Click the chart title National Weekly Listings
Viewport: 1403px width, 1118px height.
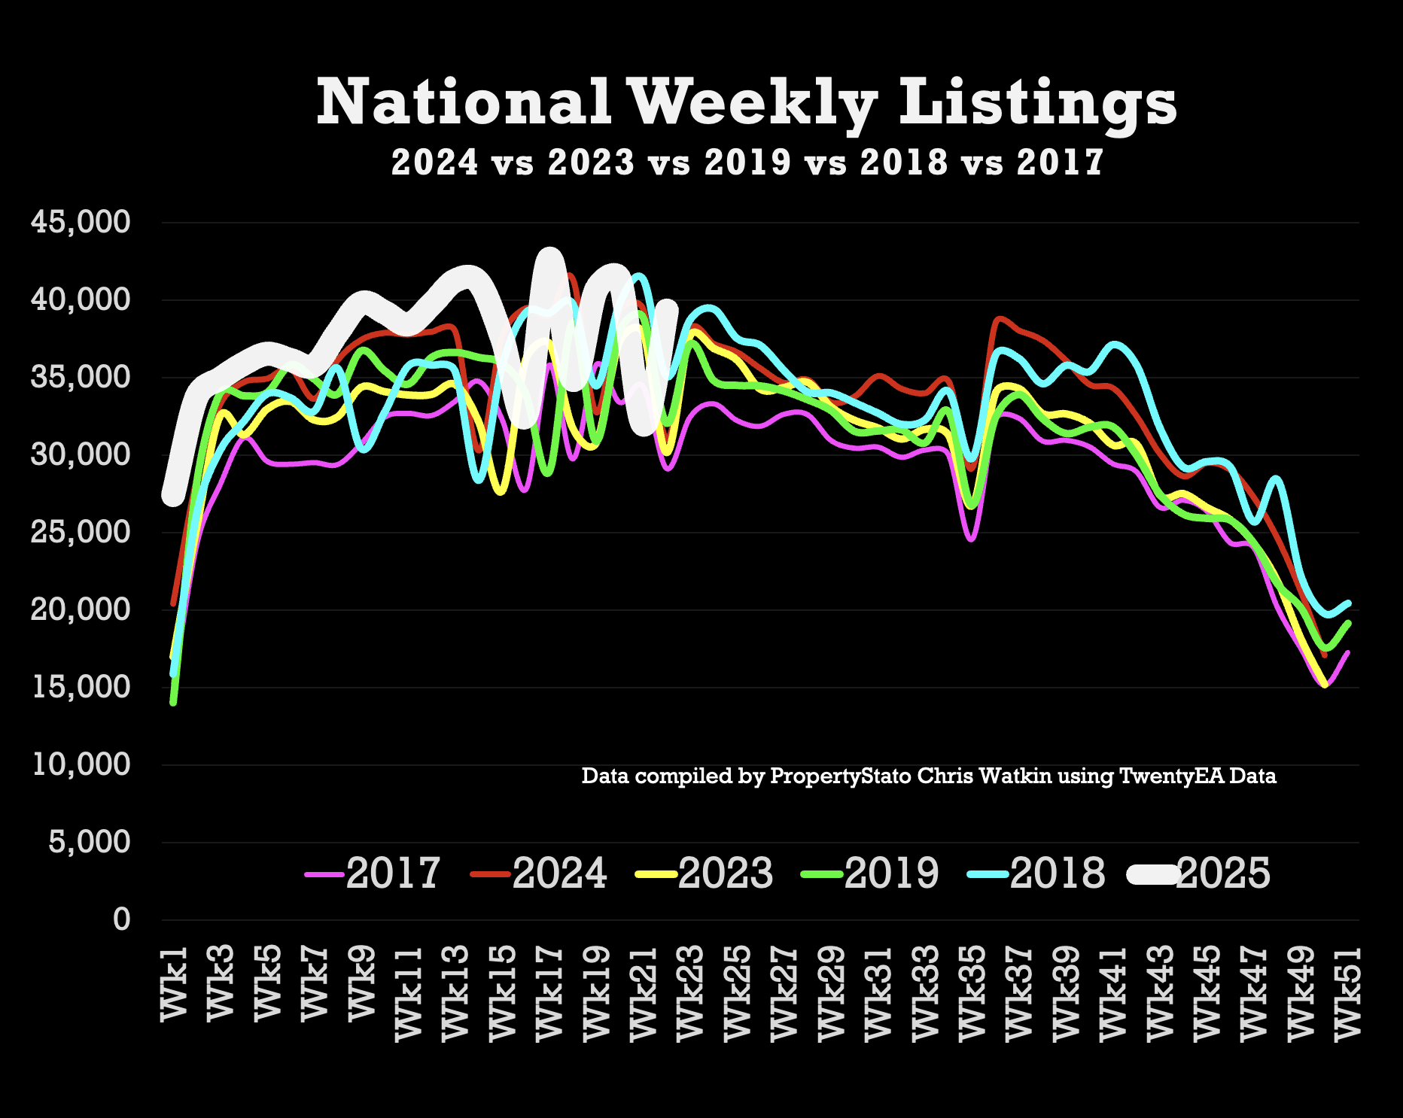coord(746,103)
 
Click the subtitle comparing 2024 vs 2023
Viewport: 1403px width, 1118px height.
coord(747,162)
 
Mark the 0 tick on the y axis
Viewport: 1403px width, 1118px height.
coord(121,919)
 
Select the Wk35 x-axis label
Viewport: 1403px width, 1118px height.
coord(972,993)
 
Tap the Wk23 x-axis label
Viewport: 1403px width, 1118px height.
coord(689,993)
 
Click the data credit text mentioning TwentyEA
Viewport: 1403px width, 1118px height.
coord(929,776)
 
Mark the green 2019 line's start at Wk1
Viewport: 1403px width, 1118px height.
coord(173,702)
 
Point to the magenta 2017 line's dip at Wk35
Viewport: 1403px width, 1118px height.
coord(971,539)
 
